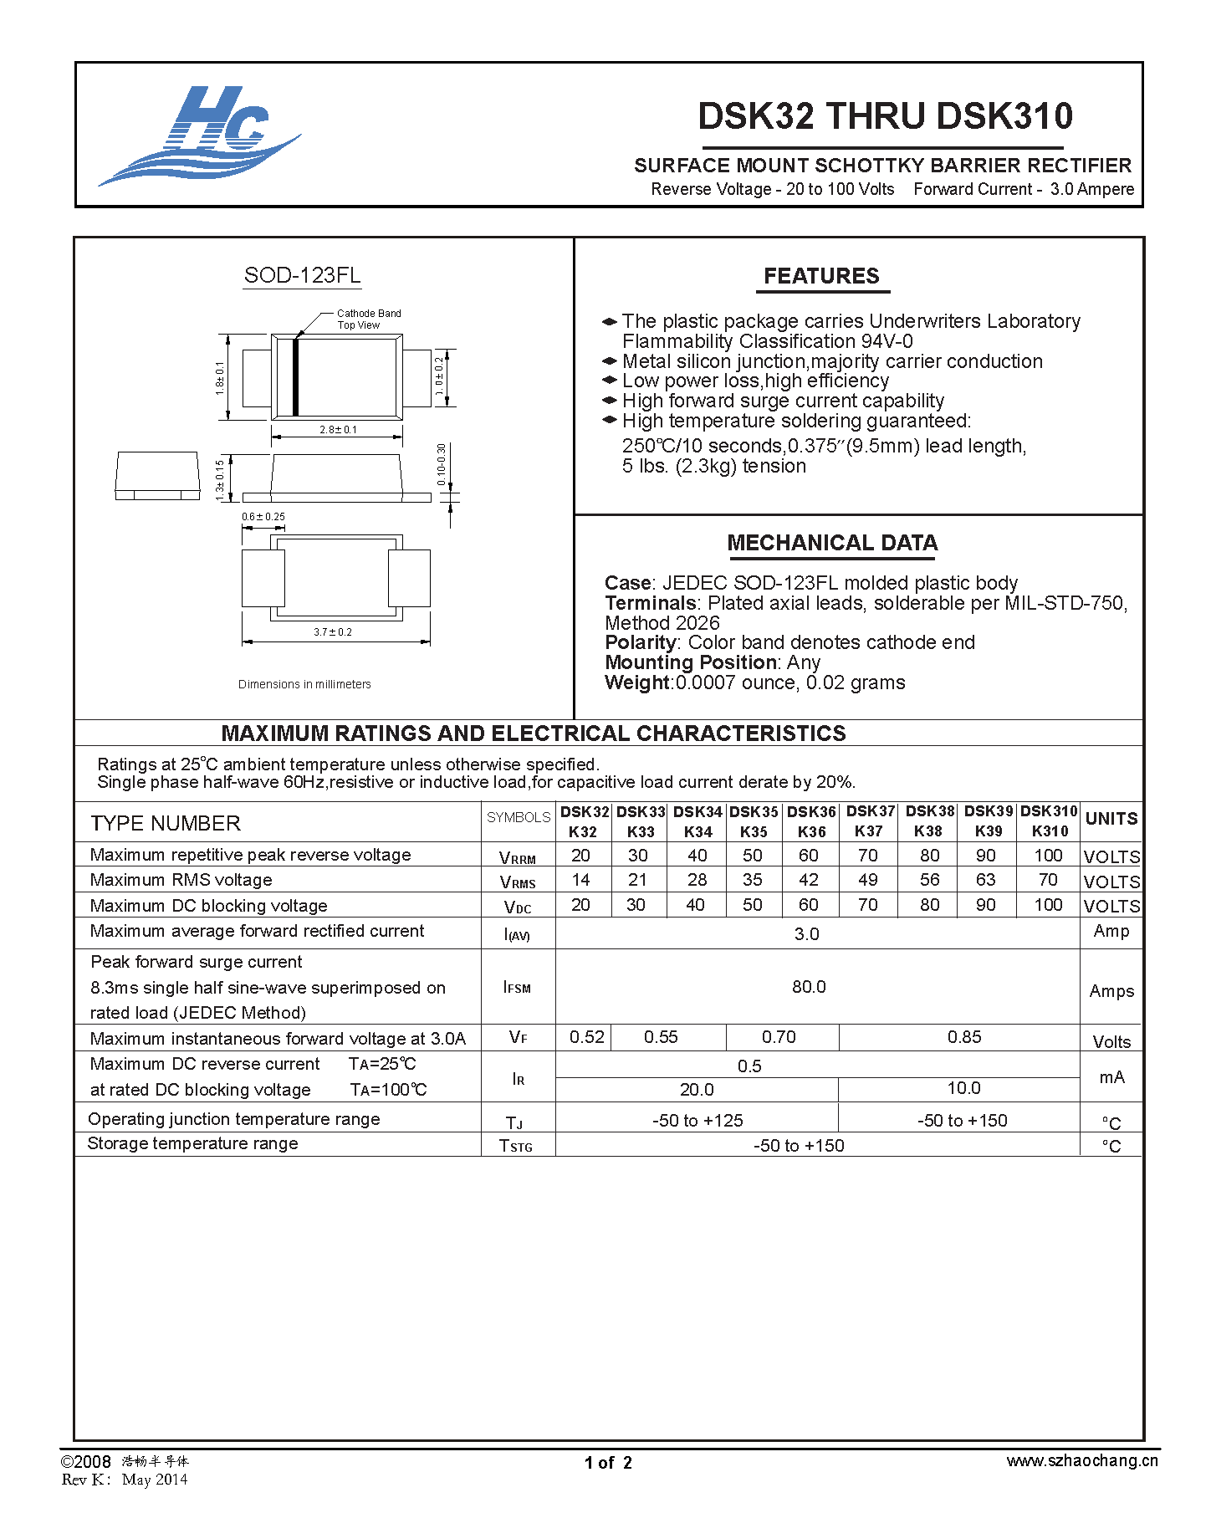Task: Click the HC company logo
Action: (x=199, y=135)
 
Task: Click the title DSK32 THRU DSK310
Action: (x=885, y=116)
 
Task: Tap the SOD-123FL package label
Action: (x=302, y=275)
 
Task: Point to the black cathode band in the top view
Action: (x=295, y=376)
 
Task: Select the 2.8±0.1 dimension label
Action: (x=338, y=430)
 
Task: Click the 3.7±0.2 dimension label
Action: (x=333, y=632)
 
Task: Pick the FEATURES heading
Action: (x=821, y=277)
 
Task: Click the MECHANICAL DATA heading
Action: (x=832, y=543)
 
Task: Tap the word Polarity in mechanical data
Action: (x=640, y=642)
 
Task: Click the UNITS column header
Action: (x=1111, y=819)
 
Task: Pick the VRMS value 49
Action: (x=868, y=880)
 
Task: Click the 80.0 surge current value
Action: (x=809, y=987)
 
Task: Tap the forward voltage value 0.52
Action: (x=586, y=1037)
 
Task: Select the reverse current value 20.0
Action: (x=697, y=1089)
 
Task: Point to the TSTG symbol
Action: (x=516, y=1146)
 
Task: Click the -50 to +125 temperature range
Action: (x=697, y=1121)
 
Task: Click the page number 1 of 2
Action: (x=608, y=1463)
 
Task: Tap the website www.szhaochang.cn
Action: (x=1082, y=1461)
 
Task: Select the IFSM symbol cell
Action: (x=518, y=988)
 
